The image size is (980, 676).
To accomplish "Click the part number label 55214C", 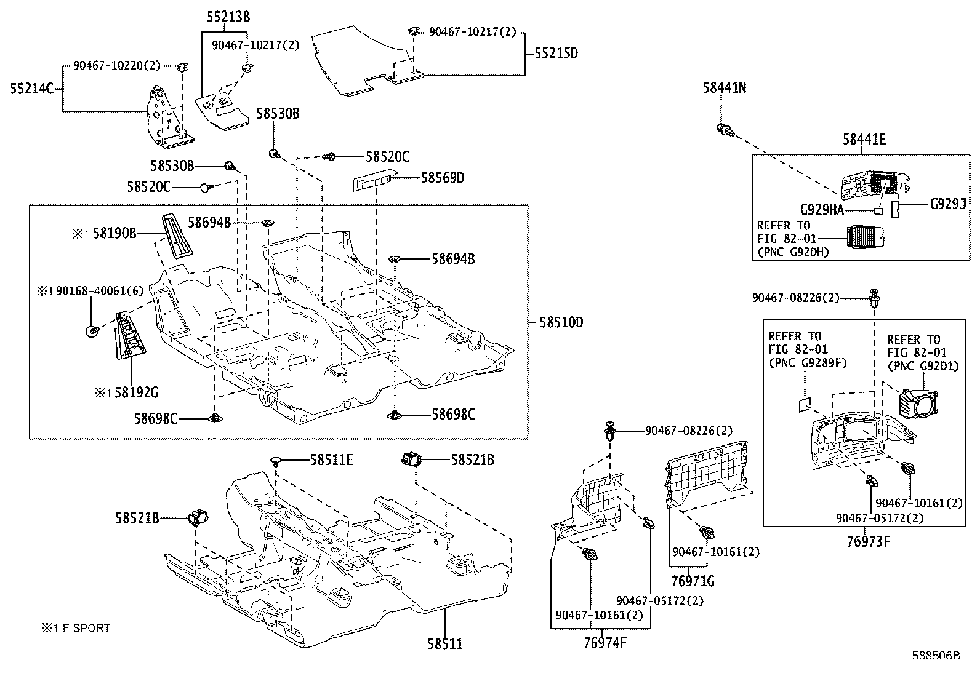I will tap(32, 89).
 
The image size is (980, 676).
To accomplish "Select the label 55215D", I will tap(556, 53).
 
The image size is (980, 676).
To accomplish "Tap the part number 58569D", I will tap(443, 178).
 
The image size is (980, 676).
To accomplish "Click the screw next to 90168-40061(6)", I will tap(92, 332).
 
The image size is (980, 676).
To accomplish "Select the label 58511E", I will tap(331, 459).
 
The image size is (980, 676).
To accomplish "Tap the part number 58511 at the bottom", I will tap(444, 644).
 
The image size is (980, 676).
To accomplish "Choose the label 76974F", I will tap(605, 643).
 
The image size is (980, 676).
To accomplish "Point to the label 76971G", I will tap(693, 581).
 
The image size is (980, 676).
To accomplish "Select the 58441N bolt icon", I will tap(725, 130).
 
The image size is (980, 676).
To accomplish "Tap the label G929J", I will tap(947, 204).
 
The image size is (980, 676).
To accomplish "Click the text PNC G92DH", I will tap(793, 252).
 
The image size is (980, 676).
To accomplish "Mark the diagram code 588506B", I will tap(936, 656).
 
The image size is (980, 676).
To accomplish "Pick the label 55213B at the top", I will tap(228, 18).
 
